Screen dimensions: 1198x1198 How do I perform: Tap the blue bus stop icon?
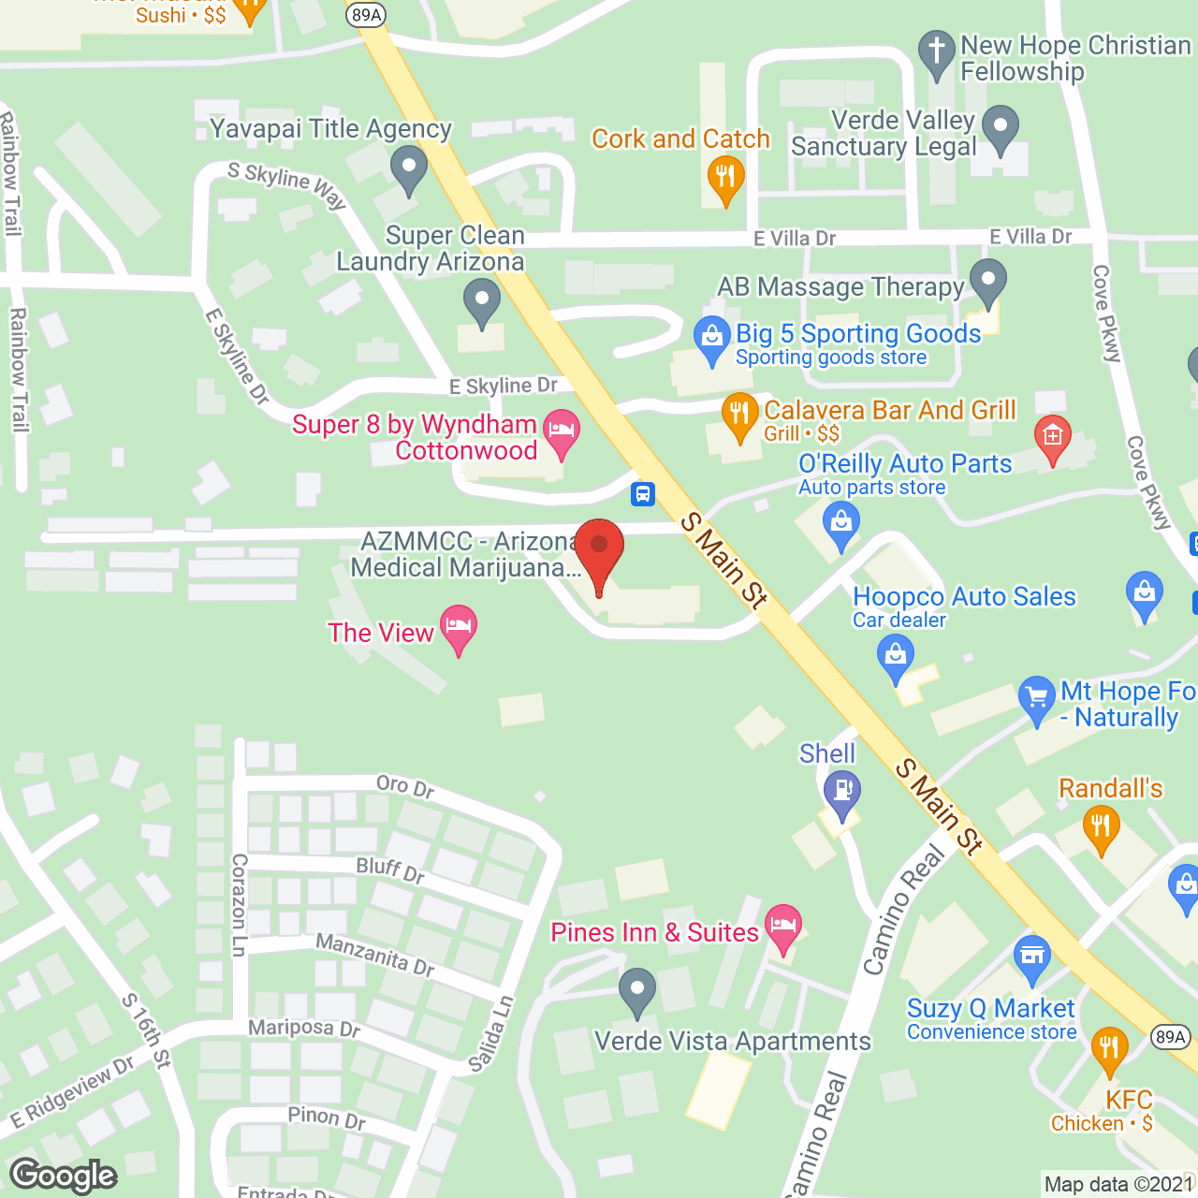point(643,493)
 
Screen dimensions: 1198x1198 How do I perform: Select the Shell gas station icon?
point(842,792)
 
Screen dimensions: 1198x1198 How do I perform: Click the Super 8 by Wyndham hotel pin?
point(562,431)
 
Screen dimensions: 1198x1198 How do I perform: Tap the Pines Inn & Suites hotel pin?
point(783,926)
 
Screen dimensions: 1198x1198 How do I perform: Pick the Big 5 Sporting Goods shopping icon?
point(712,338)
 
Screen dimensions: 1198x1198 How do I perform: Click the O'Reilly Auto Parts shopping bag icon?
point(841,523)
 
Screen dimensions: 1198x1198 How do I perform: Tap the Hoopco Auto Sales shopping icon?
point(896,656)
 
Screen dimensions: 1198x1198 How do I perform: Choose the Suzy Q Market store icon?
point(1032,957)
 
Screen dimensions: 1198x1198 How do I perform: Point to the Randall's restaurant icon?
point(1101,827)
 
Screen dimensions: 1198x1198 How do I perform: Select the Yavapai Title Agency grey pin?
point(408,169)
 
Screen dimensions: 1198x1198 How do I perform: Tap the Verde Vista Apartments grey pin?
point(637,990)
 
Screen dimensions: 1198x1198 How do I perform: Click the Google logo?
point(64,1176)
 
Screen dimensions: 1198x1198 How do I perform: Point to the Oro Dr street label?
point(405,786)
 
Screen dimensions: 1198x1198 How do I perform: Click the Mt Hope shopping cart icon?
point(1036,698)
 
